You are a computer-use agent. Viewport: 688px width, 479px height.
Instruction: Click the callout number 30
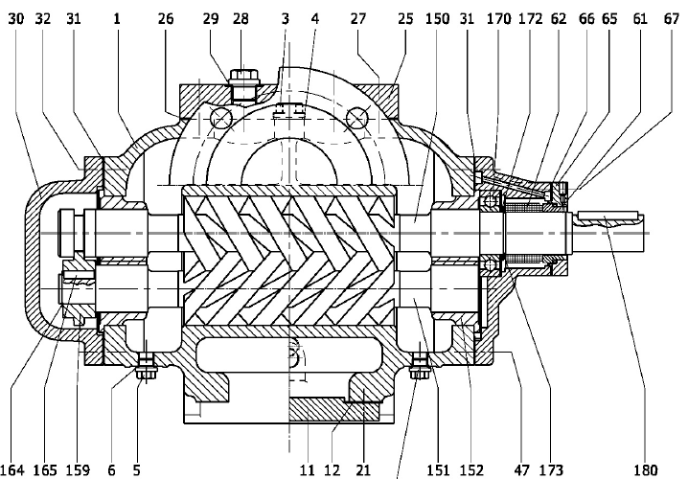[x=16, y=18]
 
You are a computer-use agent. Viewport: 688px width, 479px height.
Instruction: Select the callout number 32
[x=45, y=18]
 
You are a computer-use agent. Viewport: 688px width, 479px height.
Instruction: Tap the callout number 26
[x=165, y=18]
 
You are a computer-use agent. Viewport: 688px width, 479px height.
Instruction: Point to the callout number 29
[x=211, y=18]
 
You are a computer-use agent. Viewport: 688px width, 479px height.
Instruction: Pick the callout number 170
[x=499, y=18]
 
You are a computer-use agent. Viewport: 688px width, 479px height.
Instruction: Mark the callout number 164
[x=15, y=468]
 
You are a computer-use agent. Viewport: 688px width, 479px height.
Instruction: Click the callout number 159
[x=77, y=468]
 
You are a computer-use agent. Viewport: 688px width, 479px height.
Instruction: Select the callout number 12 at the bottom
[x=333, y=468]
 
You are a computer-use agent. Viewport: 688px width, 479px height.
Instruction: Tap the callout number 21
[x=363, y=468]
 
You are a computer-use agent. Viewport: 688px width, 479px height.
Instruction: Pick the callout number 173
[x=550, y=468]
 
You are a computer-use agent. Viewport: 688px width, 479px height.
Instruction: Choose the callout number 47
[x=522, y=468]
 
